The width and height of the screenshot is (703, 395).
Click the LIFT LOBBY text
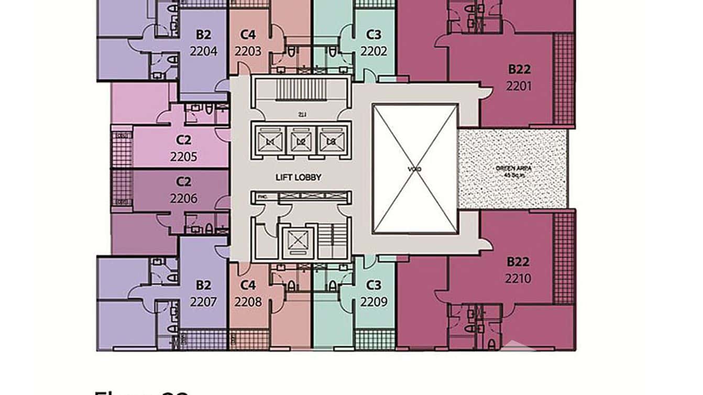298,178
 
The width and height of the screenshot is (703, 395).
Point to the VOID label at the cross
415,169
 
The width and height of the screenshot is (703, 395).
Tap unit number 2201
519,86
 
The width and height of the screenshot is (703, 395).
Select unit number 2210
518,279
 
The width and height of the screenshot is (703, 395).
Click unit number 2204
204,51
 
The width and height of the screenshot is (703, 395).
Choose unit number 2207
203,302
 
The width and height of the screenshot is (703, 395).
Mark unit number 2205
183,157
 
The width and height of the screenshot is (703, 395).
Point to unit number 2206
183,199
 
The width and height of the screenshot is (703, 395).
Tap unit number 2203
248,51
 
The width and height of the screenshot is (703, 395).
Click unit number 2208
248,302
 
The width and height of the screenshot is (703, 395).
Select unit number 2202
374,51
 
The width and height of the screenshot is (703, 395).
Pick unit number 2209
374,302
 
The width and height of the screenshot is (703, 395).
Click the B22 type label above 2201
519,69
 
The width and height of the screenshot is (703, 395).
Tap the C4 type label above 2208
248,286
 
